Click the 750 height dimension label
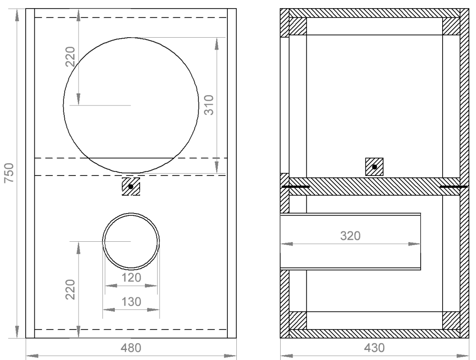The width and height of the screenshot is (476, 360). (10, 173)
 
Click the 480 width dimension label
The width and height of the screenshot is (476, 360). (131, 348)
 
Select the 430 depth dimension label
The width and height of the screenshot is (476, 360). (375, 348)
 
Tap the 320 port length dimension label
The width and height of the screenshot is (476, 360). (350, 236)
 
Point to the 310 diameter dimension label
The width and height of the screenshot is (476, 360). (209, 105)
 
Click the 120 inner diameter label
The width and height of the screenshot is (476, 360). (131, 278)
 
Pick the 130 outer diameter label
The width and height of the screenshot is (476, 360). (131, 302)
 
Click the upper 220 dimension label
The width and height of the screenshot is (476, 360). (70, 57)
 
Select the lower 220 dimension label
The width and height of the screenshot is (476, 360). (70, 289)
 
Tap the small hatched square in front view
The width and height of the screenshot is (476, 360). (131, 186)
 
